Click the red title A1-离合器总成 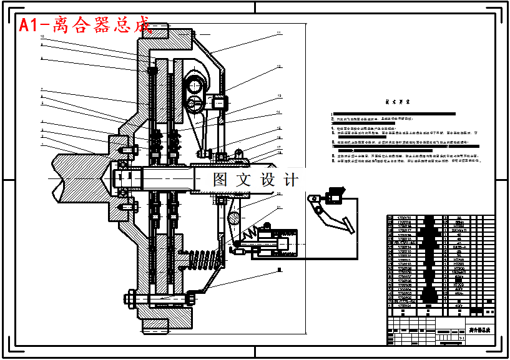click(85, 26)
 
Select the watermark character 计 click(290, 180)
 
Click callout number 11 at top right click(279, 32)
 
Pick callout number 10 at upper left click(42, 37)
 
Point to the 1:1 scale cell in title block click(461, 338)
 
